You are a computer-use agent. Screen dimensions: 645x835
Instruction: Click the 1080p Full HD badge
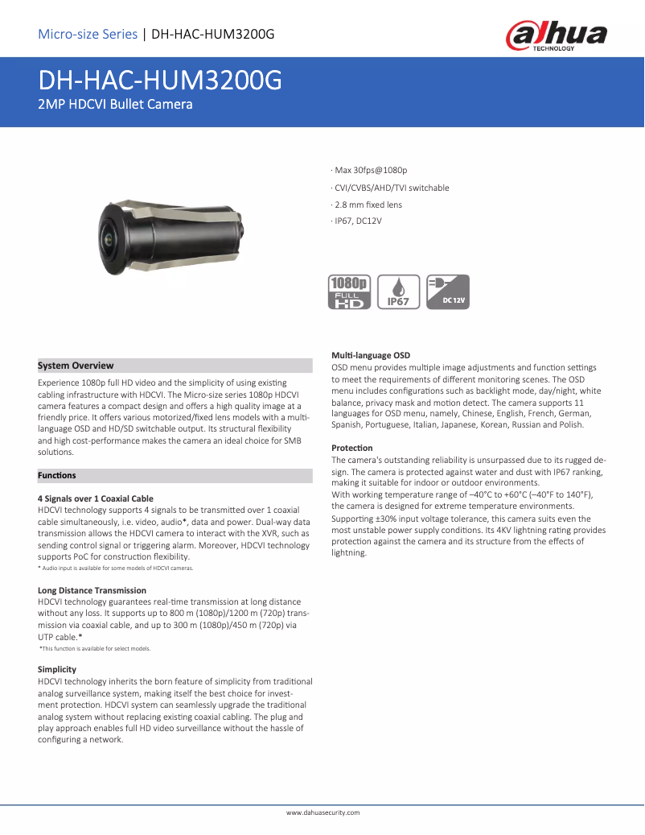pos(349,291)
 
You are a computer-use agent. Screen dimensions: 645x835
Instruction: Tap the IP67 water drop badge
pos(398,291)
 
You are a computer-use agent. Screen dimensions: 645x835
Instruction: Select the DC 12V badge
pos(448,291)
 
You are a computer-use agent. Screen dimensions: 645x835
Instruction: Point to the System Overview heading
pos(76,366)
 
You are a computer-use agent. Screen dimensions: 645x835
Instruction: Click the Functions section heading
pos(57,476)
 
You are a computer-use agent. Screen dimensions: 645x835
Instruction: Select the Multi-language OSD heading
pos(371,355)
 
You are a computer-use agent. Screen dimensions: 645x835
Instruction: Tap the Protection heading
pos(352,448)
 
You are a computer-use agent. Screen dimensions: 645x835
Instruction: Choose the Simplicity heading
pos(57,669)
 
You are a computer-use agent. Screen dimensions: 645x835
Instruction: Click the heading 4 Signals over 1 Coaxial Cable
pos(96,499)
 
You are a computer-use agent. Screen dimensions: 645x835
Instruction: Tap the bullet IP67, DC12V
pos(356,221)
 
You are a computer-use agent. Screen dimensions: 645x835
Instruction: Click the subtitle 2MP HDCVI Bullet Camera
pos(115,104)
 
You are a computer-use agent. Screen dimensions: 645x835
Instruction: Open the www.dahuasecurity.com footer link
pos(322,813)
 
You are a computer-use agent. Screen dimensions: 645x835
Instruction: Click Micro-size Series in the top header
pos(88,35)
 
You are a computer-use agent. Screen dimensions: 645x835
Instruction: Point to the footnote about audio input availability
pos(115,568)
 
